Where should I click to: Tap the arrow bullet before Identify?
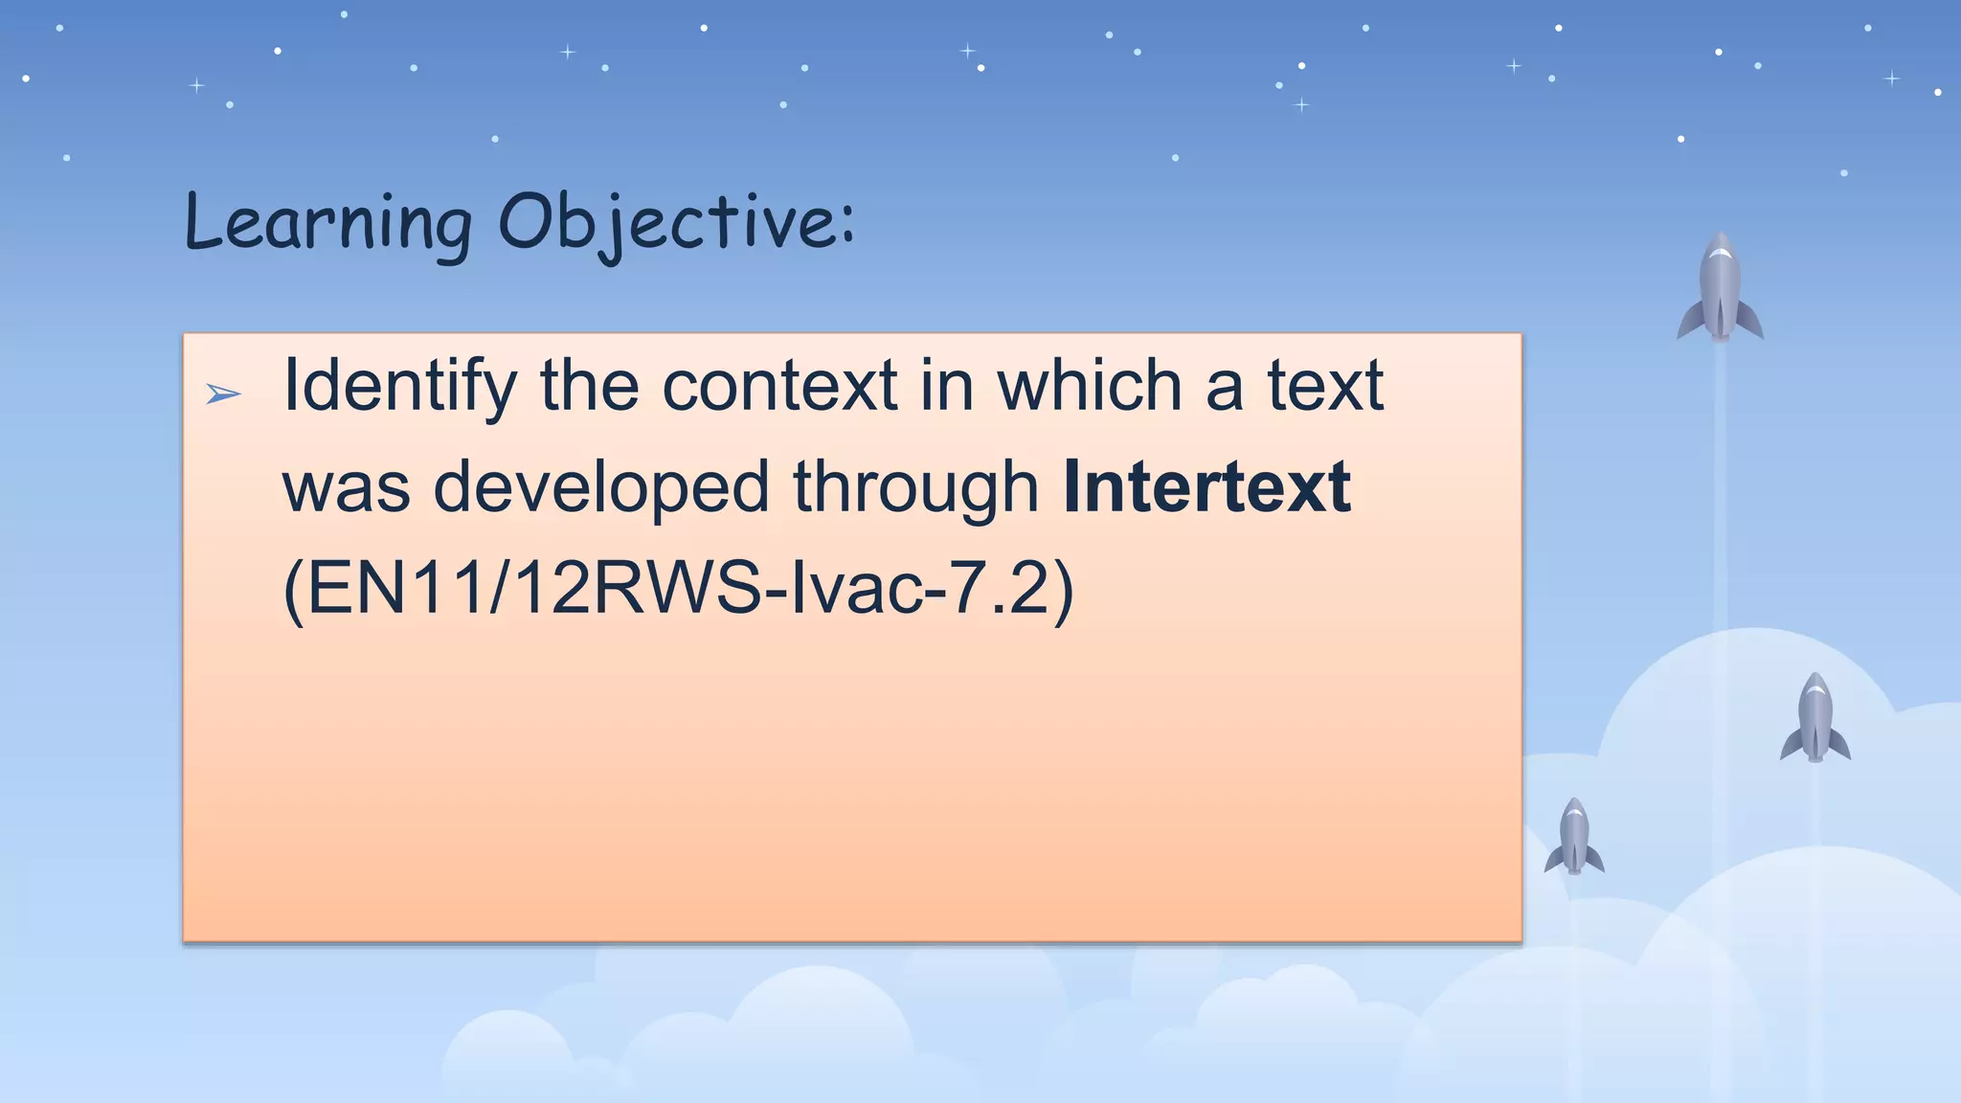pyautogui.click(x=223, y=394)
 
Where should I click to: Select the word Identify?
pyautogui.click(x=399, y=387)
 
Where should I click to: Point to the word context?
pyautogui.click(x=779, y=387)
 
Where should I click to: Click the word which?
pyautogui.click(x=1090, y=387)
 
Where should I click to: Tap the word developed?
pyautogui.click(x=601, y=486)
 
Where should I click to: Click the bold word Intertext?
pyautogui.click(x=1206, y=486)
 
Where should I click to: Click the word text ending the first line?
pyautogui.click(x=1325, y=387)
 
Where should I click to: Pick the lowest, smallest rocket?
pyautogui.click(x=1574, y=838)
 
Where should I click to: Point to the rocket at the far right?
pyautogui.click(x=1814, y=719)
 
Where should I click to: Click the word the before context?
pyautogui.click(x=590, y=387)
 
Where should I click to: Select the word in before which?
pyautogui.click(x=947, y=387)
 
